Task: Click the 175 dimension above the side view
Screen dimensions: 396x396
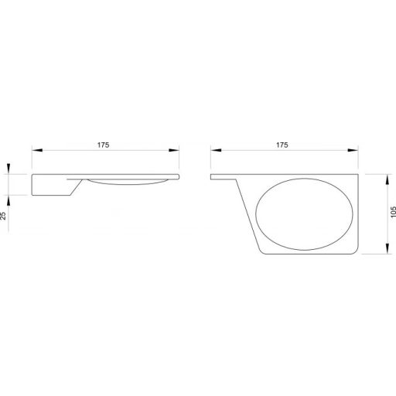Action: (103, 145)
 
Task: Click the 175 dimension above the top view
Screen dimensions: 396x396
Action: (282, 145)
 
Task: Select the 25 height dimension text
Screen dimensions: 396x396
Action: (3, 216)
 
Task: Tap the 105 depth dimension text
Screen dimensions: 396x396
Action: (393, 212)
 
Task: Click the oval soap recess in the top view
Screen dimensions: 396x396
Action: (304, 214)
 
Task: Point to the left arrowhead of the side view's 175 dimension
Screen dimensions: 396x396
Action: (37, 150)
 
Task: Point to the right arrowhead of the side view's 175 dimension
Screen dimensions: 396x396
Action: (174, 150)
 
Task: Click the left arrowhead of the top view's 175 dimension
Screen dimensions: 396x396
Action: (216, 150)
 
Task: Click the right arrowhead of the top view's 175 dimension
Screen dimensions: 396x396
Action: (353, 150)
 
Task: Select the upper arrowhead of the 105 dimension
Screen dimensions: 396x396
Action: (387, 179)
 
